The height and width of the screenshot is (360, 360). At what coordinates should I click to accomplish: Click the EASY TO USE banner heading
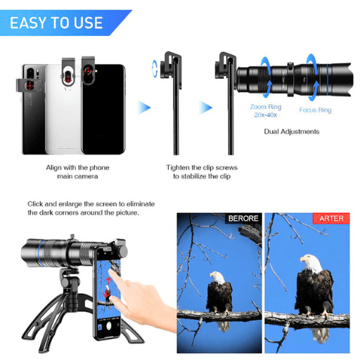[56, 22]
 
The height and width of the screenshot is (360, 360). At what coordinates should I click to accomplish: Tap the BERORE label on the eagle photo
[243, 219]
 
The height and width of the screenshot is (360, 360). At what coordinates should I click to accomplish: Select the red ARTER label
[331, 219]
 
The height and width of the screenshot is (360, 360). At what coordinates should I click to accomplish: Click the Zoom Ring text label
[266, 107]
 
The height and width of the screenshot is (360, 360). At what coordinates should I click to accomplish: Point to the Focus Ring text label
[315, 110]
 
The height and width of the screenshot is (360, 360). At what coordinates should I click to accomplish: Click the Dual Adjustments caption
[292, 131]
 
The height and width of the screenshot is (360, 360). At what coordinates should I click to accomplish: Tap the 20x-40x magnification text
[266, 115]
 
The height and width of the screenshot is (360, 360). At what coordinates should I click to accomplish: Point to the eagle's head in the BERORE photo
[217, 277]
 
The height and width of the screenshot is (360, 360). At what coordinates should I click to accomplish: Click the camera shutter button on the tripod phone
[109, 326]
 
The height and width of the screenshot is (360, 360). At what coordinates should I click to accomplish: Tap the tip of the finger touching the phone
[110, 271]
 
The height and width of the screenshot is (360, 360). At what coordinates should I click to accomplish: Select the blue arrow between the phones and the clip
[144, 108]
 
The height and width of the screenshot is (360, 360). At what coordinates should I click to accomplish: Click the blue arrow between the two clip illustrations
[205, 108]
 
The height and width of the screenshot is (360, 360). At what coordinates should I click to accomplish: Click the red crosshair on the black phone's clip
[88, 70]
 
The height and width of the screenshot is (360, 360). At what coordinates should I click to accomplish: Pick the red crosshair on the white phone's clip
[68, 78]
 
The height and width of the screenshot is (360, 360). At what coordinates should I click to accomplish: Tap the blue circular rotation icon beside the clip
[155, 68]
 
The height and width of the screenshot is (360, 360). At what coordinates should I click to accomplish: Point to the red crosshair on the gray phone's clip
[30, 86]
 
